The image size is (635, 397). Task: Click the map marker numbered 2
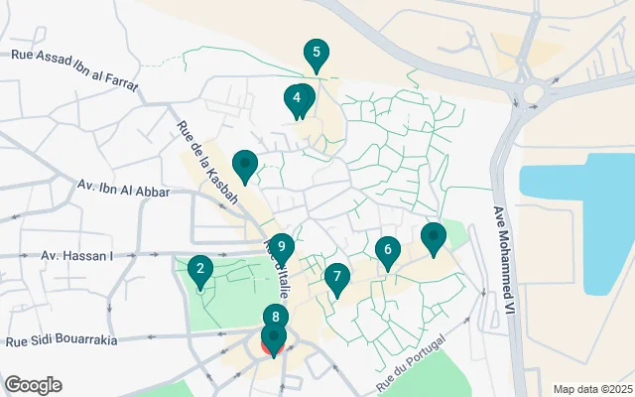coord(200,269)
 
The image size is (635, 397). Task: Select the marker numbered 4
coord(297,99)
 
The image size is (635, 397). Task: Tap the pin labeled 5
coord(317,54)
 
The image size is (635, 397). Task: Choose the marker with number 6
coord(388,250)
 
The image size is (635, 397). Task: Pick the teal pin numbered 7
coord(337,278)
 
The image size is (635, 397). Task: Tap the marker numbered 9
coord(282,247)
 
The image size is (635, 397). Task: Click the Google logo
coord(33,385)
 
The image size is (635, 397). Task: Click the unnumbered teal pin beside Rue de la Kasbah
coord(244,165)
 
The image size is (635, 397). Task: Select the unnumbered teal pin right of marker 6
coord(434,238)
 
